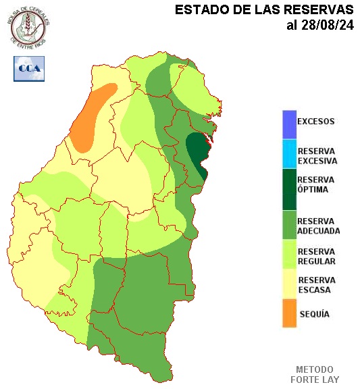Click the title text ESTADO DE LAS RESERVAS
click(x=264, y=10)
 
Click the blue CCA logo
click(x=28, y=68)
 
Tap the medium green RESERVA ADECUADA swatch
click(x=289, y=226)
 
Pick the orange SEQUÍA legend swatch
click(x=289, y=313)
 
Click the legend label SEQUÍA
click(x=313, y=314)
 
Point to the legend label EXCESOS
click(x=315, y=122)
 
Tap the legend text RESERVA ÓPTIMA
click(x=316, y=184)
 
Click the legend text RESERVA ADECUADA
click(x=318, y=226)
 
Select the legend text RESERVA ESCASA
click(x=316, y=284)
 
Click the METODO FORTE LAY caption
click(x=315, y=374)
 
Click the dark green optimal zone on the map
click(x=197, y=152)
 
